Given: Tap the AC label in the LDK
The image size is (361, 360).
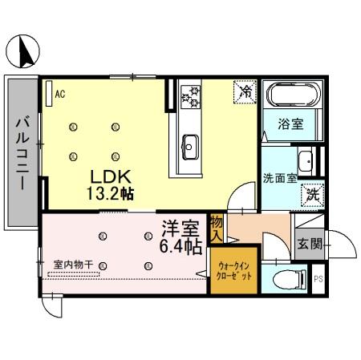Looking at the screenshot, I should pyautogui.click(x=59, y=93).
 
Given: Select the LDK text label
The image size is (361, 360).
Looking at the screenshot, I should pyautogui.click(x=105, y=176).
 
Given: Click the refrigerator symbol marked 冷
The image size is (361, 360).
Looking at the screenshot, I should pyautogui.click(x=245, y=93).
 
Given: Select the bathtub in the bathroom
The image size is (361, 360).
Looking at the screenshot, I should pyautogui.click(x=293, y=98).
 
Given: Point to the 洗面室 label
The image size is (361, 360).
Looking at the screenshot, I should pyautogui.click(x=280, y=178).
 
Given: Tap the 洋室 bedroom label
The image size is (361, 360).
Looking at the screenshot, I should pyautogui.click(x=181, y=228).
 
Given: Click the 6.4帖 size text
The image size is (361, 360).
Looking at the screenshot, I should pyautogui.click(x=182, y=247).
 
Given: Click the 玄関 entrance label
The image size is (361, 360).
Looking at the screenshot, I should pyautogui.click(x=308, y=243).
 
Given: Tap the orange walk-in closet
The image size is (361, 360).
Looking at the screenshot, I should pyautogui.click(x=233, y=273).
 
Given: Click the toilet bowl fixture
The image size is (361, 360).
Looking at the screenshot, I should pyautogui.click(x=287, y=279).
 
